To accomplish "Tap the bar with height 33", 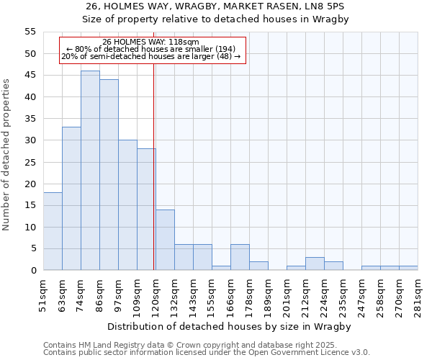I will [71, 199].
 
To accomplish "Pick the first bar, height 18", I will [53, 231].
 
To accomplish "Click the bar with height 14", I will [165, 240].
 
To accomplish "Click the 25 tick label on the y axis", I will [31, 162].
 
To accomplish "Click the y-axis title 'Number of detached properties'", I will [7, 155].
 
